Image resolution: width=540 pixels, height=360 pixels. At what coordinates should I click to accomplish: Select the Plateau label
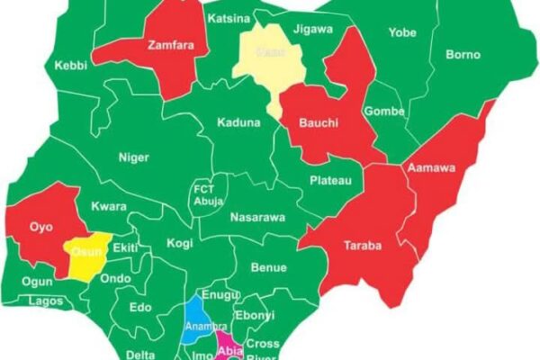330,181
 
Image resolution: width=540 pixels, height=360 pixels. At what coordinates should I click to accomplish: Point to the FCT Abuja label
204,195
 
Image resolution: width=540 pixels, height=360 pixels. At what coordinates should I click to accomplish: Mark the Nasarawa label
258,217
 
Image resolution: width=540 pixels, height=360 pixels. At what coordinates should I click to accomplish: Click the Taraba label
363,245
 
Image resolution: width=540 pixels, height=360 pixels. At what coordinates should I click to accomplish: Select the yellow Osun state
86,254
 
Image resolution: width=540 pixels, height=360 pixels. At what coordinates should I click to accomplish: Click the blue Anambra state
198,324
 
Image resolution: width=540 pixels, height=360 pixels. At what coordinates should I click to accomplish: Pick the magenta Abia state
229,346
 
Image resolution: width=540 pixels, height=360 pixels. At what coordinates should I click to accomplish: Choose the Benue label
268,267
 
